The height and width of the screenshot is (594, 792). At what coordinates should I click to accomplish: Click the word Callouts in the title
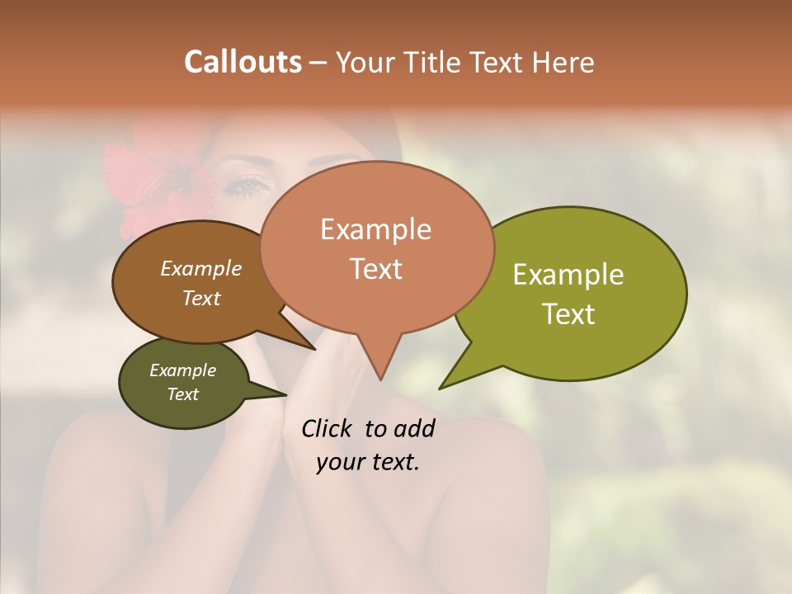click(243, 62)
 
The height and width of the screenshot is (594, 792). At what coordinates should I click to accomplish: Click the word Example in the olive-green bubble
click(568, 275)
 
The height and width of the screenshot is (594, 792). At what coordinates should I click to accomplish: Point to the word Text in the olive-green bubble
click(568, 314)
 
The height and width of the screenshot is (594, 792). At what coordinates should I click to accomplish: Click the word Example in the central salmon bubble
click(375, 229)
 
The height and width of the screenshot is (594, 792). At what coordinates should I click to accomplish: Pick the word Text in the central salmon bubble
click(375, 269)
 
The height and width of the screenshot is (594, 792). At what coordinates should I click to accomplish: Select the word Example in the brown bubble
click(200, 269)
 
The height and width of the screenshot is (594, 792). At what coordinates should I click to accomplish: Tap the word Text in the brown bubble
click(200, 298)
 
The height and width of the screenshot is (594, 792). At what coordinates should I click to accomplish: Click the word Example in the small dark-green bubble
click(182, 370)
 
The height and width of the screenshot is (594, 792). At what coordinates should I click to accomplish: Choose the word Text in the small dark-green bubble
click(182, 394)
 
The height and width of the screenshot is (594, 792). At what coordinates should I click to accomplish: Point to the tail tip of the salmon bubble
click(380, 379)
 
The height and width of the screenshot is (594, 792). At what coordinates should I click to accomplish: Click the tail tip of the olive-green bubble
click(440, 388)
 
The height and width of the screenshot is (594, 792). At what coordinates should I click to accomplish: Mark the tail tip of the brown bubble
click(316, 350)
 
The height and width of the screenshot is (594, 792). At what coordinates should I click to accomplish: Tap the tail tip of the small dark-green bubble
click(286, 395)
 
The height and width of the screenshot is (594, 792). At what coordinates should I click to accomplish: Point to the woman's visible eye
click(247, 185)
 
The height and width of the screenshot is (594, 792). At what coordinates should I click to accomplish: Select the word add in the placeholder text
click(415, 428)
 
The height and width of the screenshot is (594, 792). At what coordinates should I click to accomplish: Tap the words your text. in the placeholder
click(367, 463)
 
